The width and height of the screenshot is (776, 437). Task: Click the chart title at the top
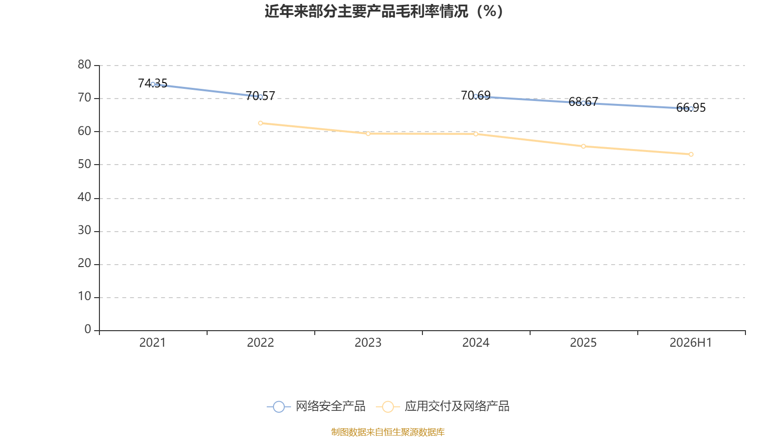tap(384, 12)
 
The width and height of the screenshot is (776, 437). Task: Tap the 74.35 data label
tap(152, 83)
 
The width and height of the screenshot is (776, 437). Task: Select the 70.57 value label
tap(260, 96)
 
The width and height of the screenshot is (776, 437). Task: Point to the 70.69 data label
tap(476, 95)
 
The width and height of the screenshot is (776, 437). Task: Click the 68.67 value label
tap(583, 101)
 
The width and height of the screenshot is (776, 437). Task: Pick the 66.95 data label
tap(691, 107)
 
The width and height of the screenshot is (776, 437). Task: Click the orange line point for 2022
tap(260, 123)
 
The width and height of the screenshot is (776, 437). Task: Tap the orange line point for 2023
tap(368, 134)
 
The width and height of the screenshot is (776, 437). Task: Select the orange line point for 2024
tap(476, 134)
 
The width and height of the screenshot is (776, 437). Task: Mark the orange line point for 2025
tap(583, 146)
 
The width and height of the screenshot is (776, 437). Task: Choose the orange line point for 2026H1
tap(691, 154)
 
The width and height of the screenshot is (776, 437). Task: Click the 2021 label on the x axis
tap(152, 343)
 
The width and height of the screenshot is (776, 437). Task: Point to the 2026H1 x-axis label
tap(691, 343)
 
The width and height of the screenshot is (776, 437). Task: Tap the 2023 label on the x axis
tap(368, 343)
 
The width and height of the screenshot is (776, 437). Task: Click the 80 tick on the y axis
tap(84, 65)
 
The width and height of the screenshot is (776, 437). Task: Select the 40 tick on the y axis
tap(84, 197)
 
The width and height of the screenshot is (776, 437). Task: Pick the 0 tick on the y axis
tap(88, 329)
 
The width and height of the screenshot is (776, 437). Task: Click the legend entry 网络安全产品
tap(316, 406)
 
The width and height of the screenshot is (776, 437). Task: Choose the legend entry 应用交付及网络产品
tap(443, 406)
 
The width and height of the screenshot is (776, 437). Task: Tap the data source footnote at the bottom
tap(388, 432)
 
